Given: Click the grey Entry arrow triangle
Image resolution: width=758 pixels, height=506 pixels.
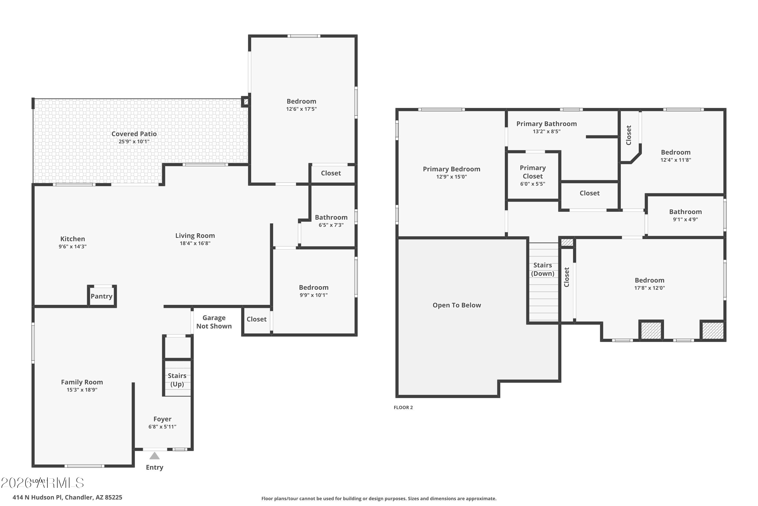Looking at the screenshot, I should click(x=154, y=456).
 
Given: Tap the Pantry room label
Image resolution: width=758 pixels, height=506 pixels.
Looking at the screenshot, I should click(x=101, y=296).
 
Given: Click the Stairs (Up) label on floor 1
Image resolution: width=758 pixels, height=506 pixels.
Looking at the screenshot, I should click(x=177, y=379).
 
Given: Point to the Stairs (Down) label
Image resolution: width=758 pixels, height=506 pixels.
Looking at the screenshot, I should click(x=542, y=269).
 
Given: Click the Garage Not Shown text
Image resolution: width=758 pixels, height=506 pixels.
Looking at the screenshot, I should click(x=214, y=322).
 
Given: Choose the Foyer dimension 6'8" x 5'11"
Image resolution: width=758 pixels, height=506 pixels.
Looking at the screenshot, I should click(x=162, y=427).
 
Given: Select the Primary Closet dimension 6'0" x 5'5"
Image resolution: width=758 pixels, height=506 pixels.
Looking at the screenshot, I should click(x=532, y=184).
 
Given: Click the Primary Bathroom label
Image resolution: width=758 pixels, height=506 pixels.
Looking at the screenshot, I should click(x=546, y=124).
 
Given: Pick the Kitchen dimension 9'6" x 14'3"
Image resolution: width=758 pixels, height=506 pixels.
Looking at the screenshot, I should click(x=73, y=246).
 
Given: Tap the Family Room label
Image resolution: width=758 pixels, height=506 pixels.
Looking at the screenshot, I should click(x=82, y=382).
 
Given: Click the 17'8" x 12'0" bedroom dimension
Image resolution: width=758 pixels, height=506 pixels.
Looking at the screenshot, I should click(x=649, y=288).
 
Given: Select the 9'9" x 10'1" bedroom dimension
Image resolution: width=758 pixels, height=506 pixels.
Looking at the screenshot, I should click(x=313, y=295).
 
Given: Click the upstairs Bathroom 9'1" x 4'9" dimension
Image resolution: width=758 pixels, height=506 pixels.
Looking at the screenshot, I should click(x=685, y=219).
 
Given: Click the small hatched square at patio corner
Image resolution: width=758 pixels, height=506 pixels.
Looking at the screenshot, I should click(x=246, y=102).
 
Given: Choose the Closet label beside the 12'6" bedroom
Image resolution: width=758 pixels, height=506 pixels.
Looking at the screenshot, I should click(x=331, y=173).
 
